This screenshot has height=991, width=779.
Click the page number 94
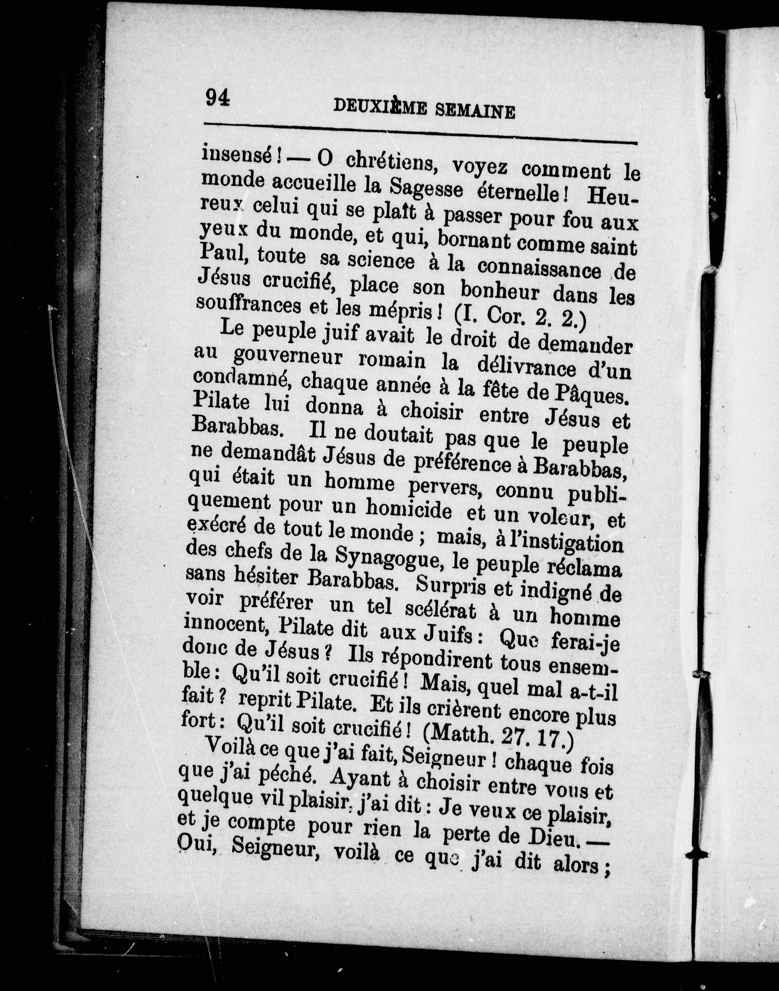coord(218,98)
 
